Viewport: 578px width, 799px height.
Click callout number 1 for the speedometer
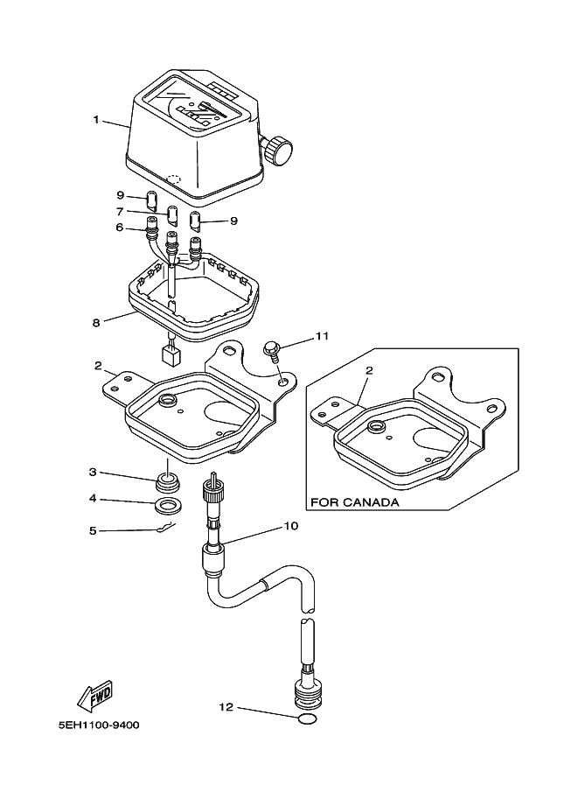97,119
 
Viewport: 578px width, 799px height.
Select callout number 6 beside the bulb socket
121,228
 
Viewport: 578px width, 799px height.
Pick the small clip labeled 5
164,527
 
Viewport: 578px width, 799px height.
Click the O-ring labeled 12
304,719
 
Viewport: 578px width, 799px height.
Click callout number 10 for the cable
291,527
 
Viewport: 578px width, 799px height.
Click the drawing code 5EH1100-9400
98,725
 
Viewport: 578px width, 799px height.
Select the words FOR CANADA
354,503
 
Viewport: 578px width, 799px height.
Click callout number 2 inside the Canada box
369,370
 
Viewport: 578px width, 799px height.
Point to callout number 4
92,500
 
